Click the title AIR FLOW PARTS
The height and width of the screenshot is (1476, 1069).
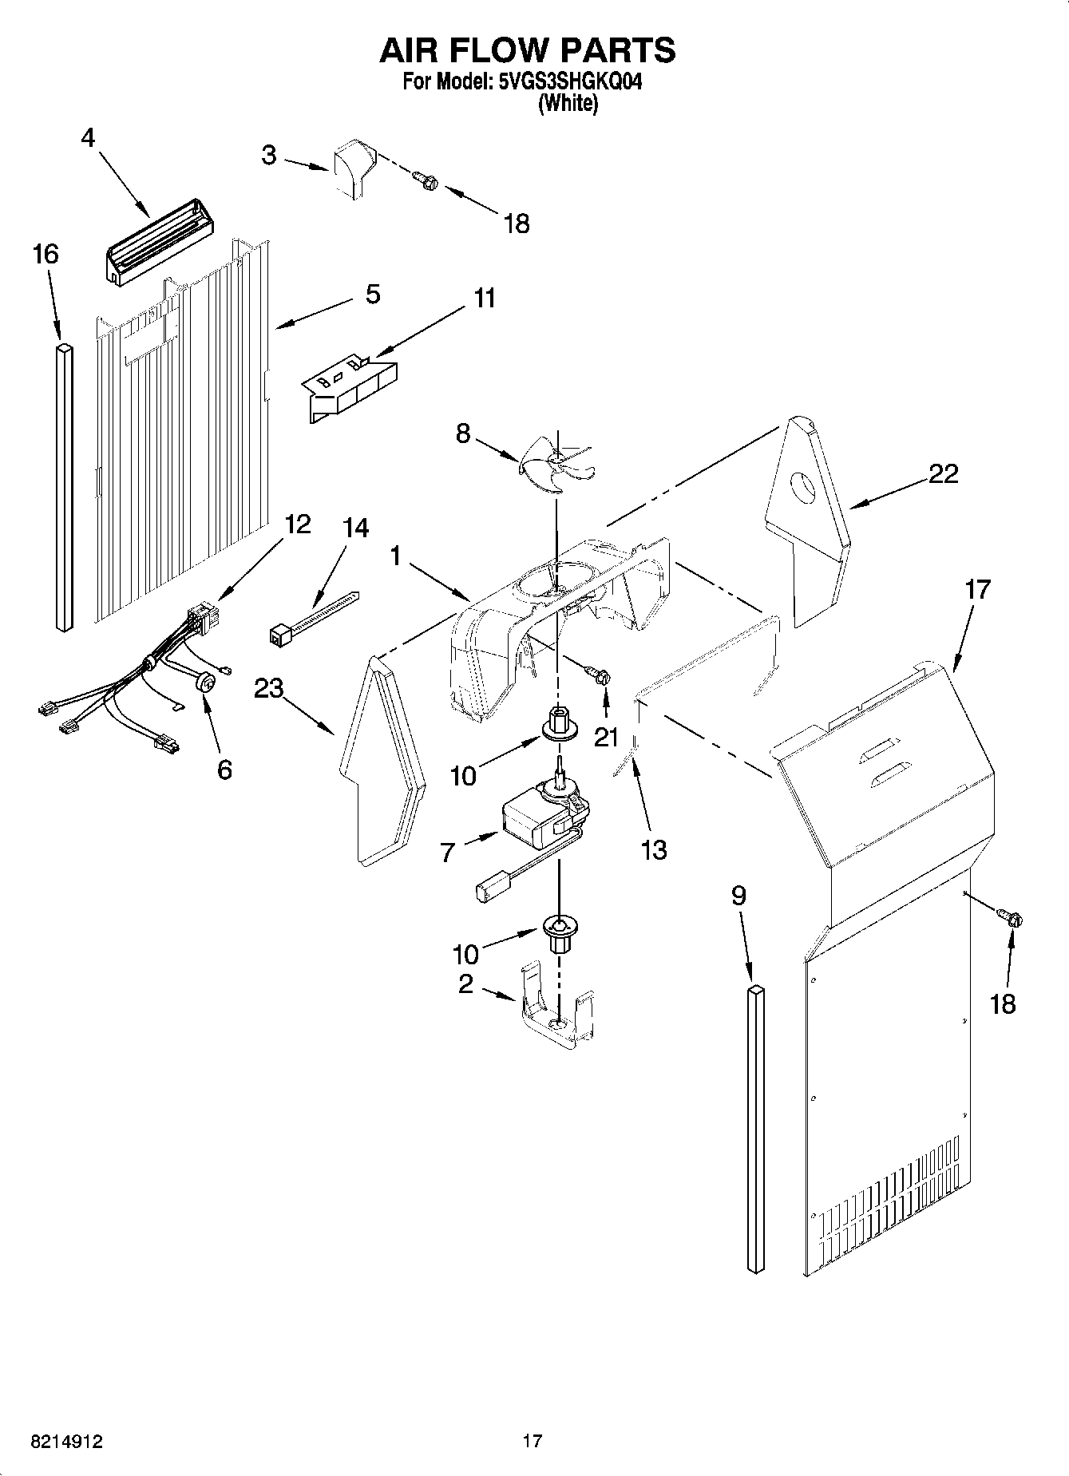pyautogui.click(x=527, y=50)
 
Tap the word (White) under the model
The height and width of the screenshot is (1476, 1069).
pyautogui.click(x=568, y=103)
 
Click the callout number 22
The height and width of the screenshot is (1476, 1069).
pyautogui.click(x=943, y=473)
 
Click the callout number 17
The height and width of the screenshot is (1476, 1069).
pyautogui.click(x=977, y=590)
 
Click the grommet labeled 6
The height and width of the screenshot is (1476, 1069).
pyautogui.click(x=208, y=683)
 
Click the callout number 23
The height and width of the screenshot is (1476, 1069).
pyautogui.click(x=269, y=687)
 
